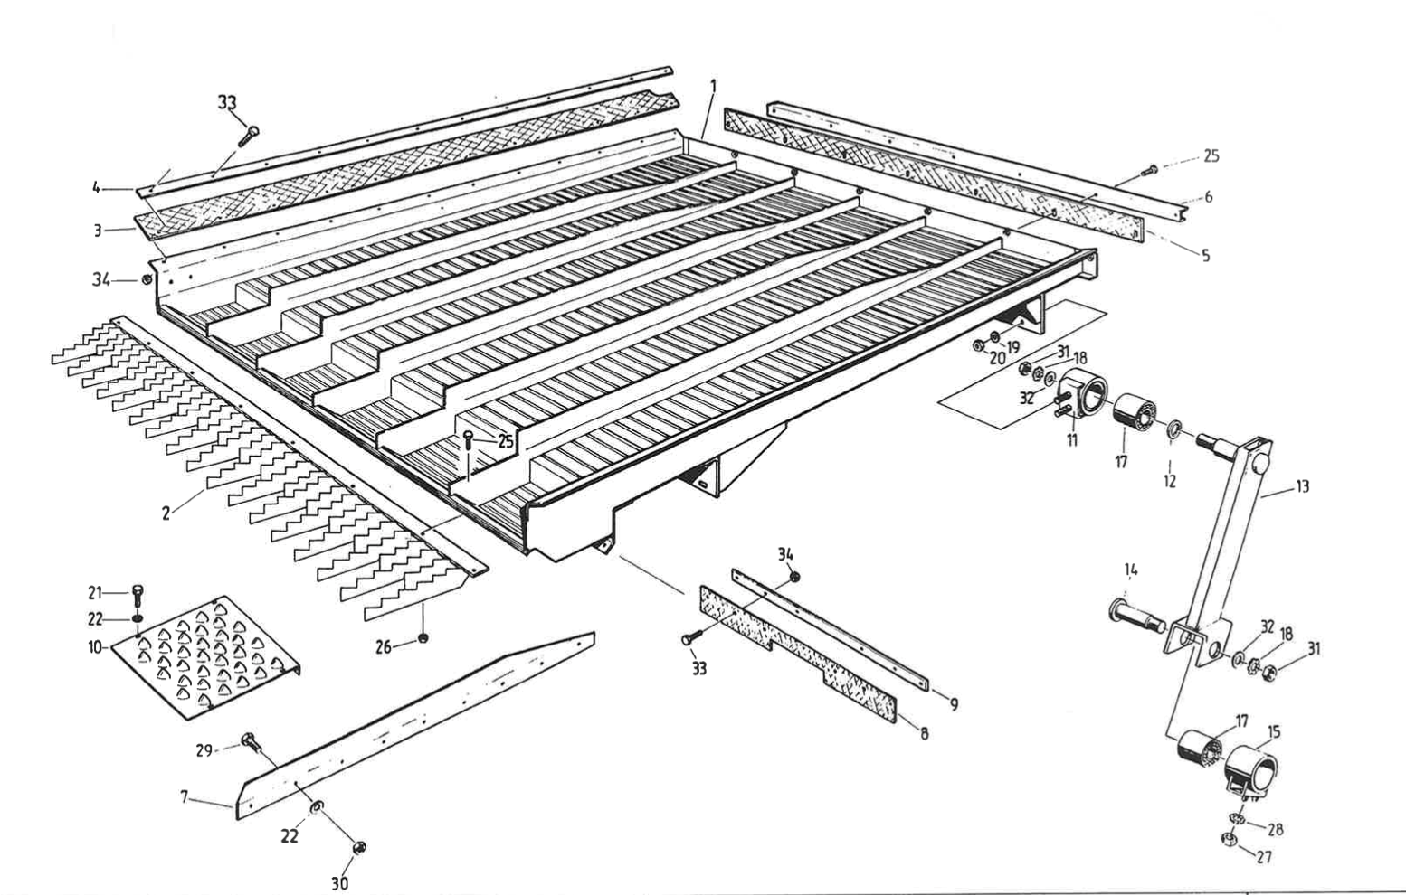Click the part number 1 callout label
713,87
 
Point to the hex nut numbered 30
358,847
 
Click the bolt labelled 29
249,744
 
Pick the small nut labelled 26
423,639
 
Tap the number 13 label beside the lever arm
1301,487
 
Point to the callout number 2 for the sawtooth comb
166,513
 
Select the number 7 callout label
185,796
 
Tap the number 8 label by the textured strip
923,733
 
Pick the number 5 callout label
1205,255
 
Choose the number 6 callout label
1209,197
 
